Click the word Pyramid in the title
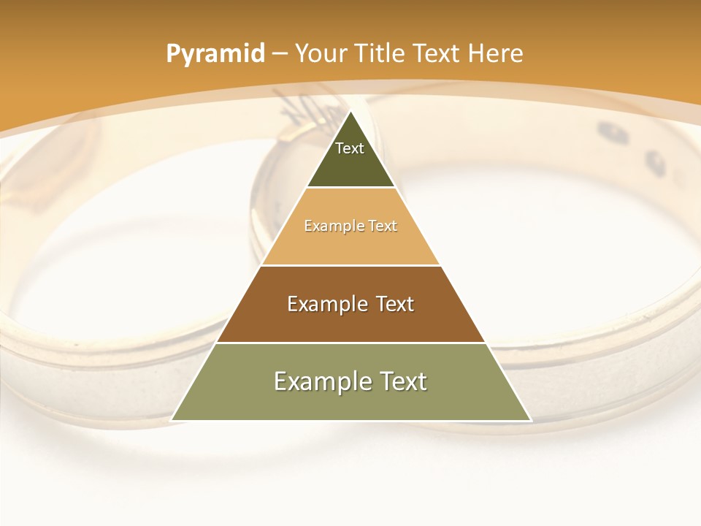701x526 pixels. point(215,54)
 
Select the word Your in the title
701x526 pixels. point(321,54)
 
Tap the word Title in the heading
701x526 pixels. point(380,54)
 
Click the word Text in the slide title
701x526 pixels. point(437,54)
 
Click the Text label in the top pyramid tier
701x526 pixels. point(350,148)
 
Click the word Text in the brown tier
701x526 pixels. point(395,304)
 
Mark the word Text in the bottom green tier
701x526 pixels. point(401,381)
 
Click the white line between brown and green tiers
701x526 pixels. point(351,343)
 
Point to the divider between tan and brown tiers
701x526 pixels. point(351,265)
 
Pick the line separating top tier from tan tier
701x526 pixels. point(351,188)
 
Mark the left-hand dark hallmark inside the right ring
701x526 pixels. point(609,131)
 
